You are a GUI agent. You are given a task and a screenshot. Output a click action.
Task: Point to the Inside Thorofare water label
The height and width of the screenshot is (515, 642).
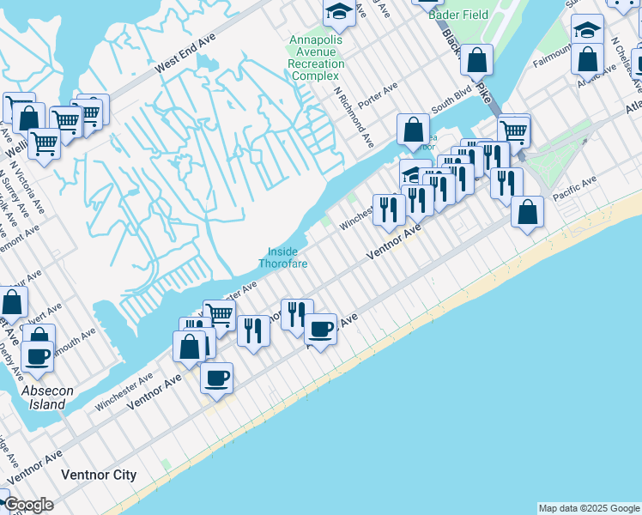[x=283, y=257]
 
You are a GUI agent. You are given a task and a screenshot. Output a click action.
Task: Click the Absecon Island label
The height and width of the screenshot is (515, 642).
[x=44, y=397]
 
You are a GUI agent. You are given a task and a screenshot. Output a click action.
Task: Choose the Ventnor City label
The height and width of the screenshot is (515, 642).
[x=99, y=474]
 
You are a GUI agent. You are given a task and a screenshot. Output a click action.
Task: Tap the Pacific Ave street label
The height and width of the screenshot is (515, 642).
[x=574, y=184]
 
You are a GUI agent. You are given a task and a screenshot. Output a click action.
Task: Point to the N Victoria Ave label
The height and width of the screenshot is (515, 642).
[x=12, y=179]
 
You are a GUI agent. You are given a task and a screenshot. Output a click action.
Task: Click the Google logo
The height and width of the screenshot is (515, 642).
[x=28, y=504]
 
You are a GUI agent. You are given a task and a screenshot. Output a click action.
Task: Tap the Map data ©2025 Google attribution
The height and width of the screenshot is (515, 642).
[x=588, y=508]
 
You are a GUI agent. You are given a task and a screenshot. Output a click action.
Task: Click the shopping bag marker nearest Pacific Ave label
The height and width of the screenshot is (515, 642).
[x=527, y=211]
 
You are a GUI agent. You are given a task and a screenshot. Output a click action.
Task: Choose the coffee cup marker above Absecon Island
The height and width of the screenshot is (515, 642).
[x=37, y=355]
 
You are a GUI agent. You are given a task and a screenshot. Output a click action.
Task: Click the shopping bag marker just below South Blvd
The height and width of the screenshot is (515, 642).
[x=414, y=130]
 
